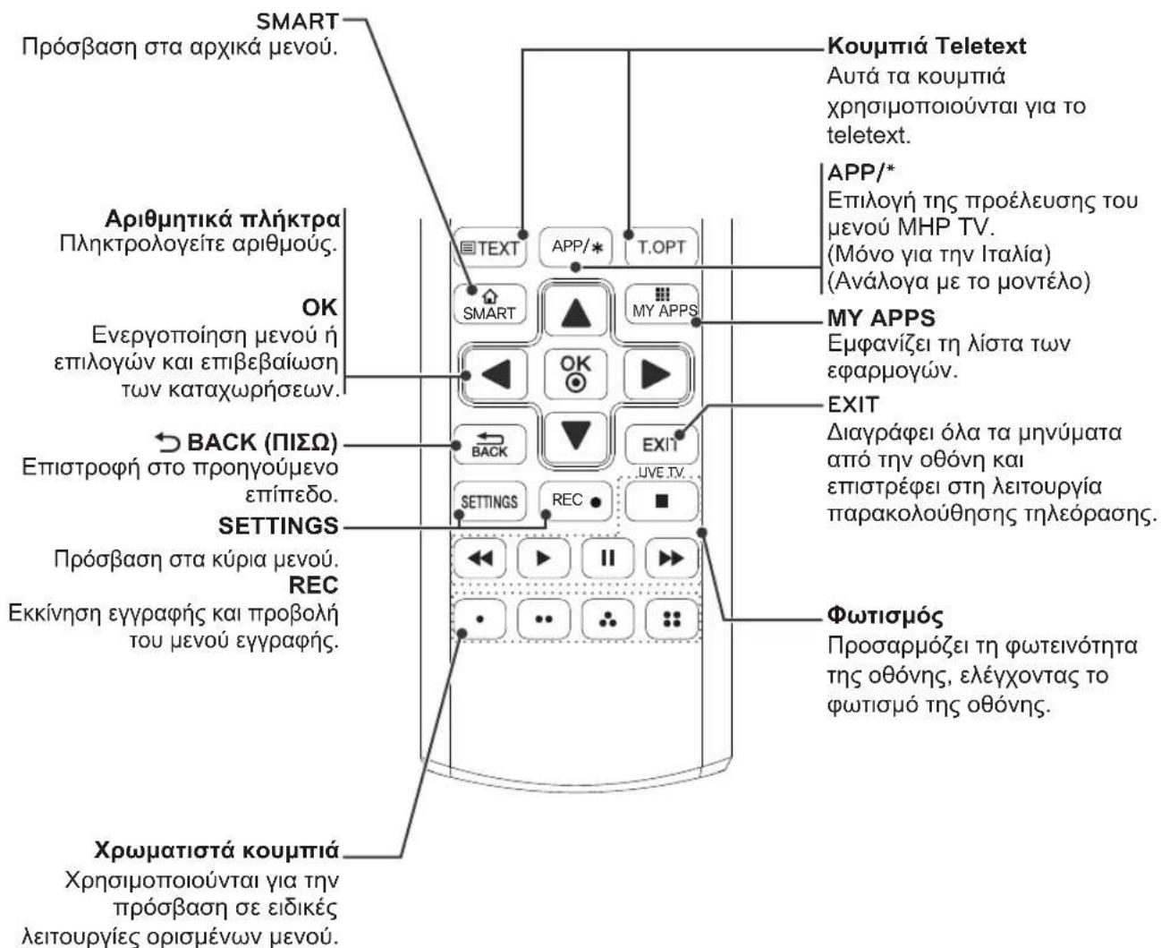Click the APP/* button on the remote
pos(575,247)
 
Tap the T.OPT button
pos(661,247)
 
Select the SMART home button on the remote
pos(489,304)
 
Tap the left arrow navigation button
pos(495,374)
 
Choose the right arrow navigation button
pos(656,374)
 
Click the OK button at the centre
pos(576,374)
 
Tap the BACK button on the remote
pos(489,445)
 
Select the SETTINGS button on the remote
pos(489,501)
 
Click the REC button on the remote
pos(575,501)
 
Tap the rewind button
pos(479,559)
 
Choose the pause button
pos(607,559)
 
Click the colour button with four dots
pos(672,619)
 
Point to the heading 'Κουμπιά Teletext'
pos(927,46)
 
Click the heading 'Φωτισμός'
pos(885,616)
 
